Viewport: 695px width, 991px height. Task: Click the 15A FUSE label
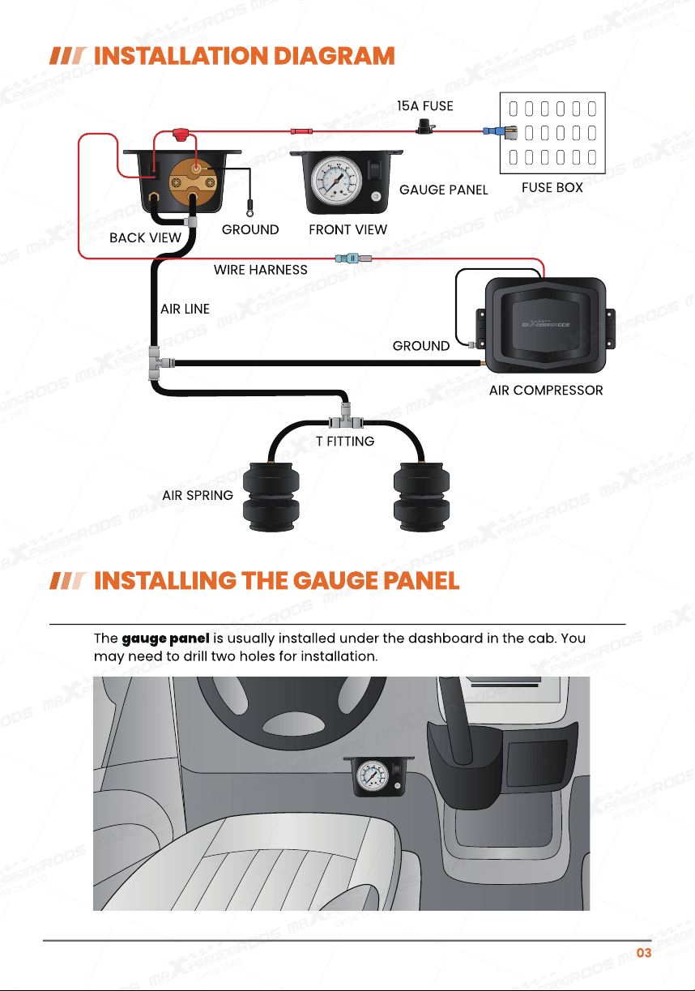424,106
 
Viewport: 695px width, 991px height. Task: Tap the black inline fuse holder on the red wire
425,126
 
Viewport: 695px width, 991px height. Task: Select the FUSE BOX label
552,187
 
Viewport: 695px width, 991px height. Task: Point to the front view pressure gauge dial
337,180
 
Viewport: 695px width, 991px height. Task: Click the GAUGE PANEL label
443,190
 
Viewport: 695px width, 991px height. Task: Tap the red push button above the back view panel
180,134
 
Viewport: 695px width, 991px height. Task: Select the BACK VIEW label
145,238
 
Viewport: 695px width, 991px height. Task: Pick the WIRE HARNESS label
261,270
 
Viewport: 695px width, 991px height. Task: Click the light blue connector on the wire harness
347,258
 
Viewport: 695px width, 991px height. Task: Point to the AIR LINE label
185,309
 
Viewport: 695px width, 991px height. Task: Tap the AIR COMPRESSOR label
546,391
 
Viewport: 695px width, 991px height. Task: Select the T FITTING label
345,441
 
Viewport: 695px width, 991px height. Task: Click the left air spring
271,497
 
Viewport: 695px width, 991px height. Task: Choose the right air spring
421,497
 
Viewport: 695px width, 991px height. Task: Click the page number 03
644,952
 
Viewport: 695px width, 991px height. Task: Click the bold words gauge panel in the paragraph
165,639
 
